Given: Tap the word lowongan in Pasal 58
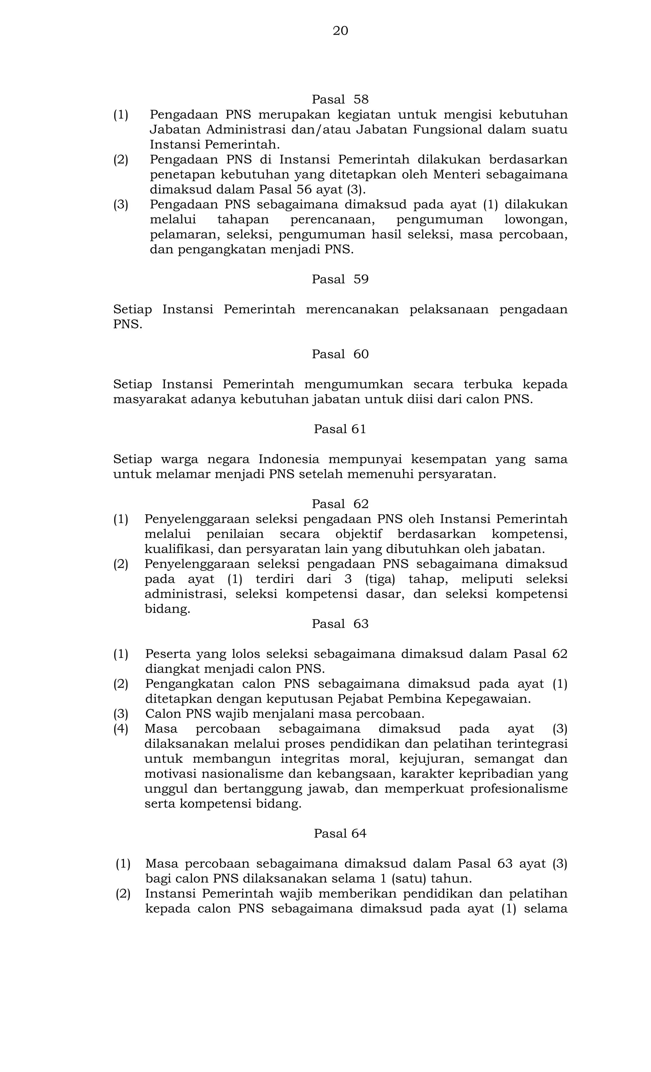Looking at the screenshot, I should coord(535,220).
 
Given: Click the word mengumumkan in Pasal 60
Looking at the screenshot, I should coord(353,385).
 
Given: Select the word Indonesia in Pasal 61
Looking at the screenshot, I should coord(289,460).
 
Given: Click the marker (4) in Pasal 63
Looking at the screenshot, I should coord(121,729).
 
